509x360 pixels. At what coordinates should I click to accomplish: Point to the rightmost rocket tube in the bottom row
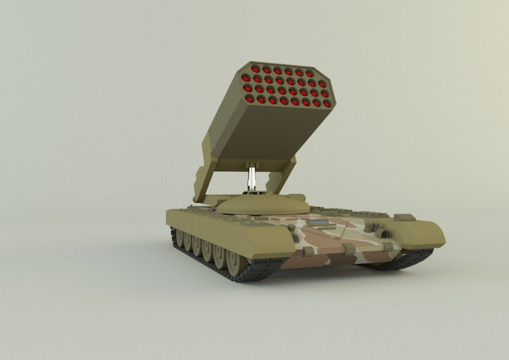click(x=326, y=103)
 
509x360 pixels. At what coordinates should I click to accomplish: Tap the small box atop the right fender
click(x=404, y=218)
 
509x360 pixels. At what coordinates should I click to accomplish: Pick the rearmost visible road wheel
click(x=176, y=235)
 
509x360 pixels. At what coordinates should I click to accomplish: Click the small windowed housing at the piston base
click(x=253, y=189)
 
